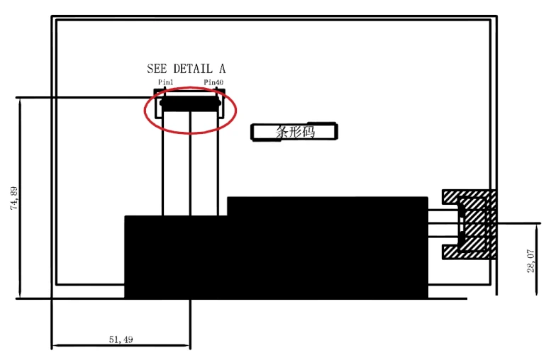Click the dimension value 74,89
click(x=14, y=198)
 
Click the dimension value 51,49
click(x=121, y=339)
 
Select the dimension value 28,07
click(x=530, y=261)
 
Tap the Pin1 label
click(x=166, y=82)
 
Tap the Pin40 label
click(x=213, y=82)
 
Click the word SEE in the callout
click(x=157, y=68)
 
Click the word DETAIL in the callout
click(x=193, y=68)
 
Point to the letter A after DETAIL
click(x=222, y=68)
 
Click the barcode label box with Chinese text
click(x=294, y=132)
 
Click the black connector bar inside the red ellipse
click(x=190, y=103)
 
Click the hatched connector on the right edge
click(x=469, y=224)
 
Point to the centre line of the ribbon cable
click(x=190, y=163)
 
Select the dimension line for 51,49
click(x=121, y=345)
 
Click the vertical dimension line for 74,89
click(x=20, y=198)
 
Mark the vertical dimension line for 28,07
click(x=537, y=259)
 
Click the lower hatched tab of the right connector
click(x=468, y=252)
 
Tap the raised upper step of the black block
click(x=328, y=206)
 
